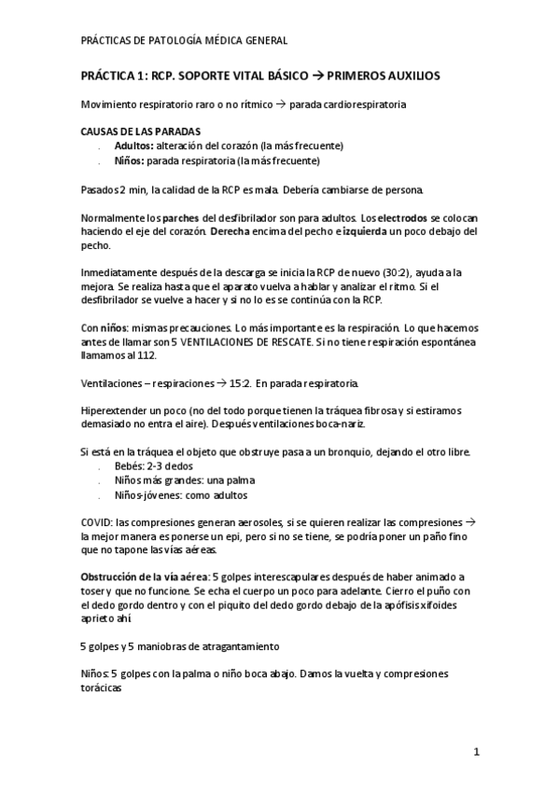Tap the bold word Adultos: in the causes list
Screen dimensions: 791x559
(x=135, y=146)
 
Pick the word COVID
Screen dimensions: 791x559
(x=97, y=524)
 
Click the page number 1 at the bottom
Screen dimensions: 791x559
(x=476, y=751)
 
